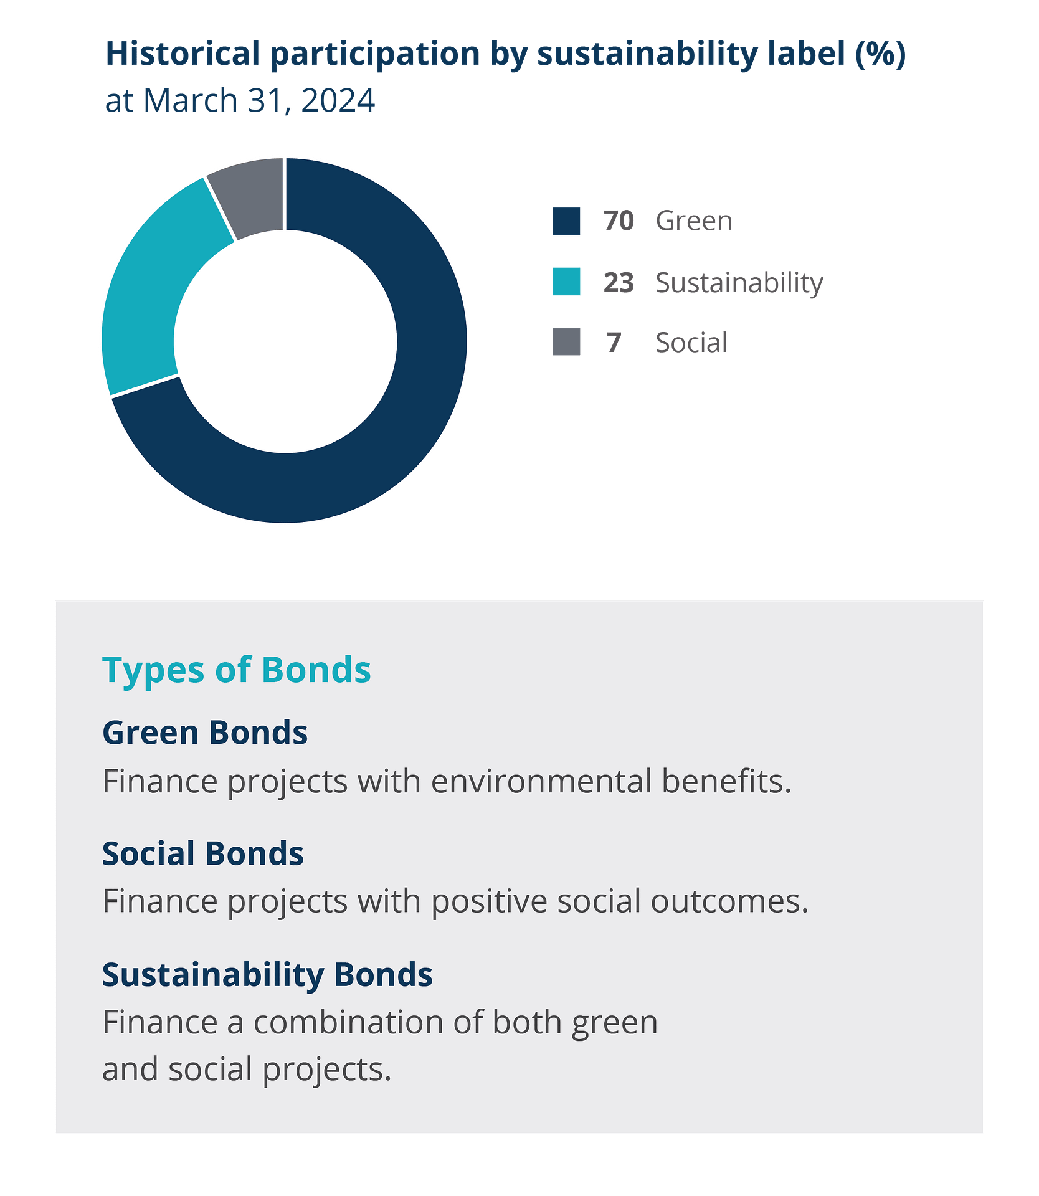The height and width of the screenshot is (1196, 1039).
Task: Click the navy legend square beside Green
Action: click(566, 221)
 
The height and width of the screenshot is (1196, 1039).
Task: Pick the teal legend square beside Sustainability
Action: click(566, 282)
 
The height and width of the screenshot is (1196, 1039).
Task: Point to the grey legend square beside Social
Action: click(566, 341)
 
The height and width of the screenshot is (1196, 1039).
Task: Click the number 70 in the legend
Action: click(618, 221)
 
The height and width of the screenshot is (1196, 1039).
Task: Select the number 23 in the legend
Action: click(618, 282)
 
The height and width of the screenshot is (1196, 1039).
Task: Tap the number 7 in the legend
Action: click(614, 343)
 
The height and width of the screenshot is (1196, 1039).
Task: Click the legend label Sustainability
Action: click(739, 283)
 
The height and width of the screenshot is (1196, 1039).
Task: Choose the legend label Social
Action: click(691, 343)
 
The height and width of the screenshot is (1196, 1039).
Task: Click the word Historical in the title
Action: click(183, 54)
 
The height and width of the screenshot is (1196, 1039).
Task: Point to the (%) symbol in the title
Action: click(880, 54)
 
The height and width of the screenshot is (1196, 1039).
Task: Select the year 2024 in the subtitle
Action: click(338, 100)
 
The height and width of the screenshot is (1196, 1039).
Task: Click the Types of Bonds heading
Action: click(237, 670)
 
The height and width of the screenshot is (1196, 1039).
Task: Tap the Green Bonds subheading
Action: click(205, 733)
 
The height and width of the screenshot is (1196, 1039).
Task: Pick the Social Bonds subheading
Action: click(203, 853)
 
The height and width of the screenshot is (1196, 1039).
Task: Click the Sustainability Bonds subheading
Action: click(267, 975)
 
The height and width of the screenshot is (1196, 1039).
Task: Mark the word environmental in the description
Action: click(541, 781)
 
